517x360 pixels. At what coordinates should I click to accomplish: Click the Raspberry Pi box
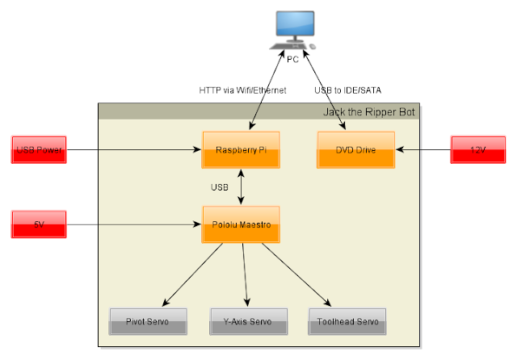click(241, 150)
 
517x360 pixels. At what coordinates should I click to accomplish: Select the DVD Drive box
click(355, 150)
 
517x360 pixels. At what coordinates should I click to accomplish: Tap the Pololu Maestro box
click(241, 224)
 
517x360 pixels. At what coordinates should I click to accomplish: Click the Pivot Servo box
click(148, 321)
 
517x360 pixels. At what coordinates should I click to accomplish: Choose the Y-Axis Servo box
click(249, 321)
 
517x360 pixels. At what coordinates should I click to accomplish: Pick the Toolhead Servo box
click(347, 321)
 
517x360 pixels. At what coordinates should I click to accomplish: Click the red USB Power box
click(39, 149)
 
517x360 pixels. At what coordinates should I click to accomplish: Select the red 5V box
click(39, 224)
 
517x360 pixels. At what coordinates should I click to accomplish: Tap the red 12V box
click(478, 149)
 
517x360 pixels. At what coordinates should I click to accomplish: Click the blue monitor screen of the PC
click(295, 23)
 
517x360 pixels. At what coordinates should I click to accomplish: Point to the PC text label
click(292, 59)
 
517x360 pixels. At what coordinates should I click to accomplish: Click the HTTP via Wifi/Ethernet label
click(242, 90)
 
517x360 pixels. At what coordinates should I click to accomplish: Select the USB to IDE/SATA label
click(348, 90)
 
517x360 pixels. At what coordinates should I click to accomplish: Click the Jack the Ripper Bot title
click(369, 112)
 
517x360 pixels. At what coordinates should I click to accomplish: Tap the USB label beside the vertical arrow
click(220, 187)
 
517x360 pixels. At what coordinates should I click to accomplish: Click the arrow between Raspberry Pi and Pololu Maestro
click(241, 187)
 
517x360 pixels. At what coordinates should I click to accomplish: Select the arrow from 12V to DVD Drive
click(423, 149)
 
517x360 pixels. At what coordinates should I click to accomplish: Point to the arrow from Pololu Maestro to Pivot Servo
click(192, 274)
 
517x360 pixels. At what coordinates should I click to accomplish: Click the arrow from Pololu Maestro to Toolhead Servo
click(296, 274)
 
